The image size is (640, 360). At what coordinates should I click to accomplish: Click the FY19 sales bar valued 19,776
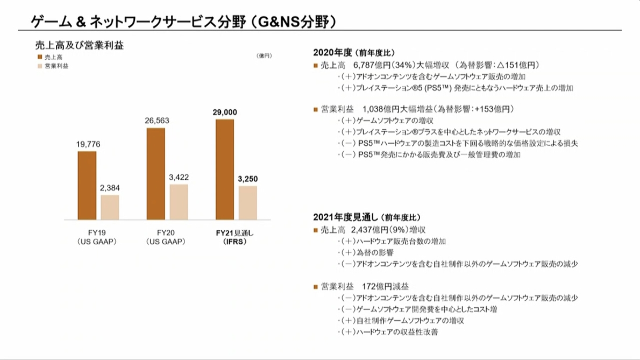pyautogui.click(x=87, y=186)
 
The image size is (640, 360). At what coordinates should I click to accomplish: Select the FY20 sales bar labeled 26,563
pyautogui.click(x=156, y=174)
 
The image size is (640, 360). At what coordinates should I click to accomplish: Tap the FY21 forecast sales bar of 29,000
pyautogui.click(x=225, y=170)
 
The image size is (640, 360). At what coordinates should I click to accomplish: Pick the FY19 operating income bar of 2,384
pyautogui.click(x=110, y=207)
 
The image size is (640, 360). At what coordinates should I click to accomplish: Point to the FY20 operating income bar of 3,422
pyautogui.click(x=179, y=202)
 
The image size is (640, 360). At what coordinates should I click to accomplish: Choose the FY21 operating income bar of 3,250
pyautogui.click(x=247, y=203)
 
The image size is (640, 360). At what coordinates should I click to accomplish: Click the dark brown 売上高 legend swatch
pyautogui.click(x=40, y=56)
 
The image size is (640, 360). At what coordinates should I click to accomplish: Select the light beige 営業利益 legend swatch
pyautogui.click(x=40, y=66)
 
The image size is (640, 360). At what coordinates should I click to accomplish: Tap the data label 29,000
pyautogui.click(x=224, y=112)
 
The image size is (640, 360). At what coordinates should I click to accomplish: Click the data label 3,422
pyautogui.click(x=179, y=177)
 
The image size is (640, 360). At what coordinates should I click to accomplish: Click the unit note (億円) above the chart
pyautogui.click(x=265, y=55)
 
